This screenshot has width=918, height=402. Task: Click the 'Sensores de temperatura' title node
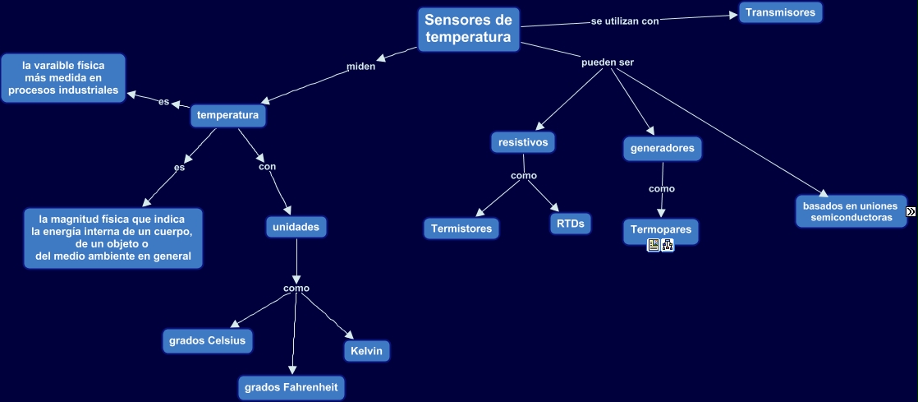coord(468,30)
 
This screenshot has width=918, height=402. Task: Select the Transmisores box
coord(780,12)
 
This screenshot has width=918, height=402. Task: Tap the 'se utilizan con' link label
coord(625,21)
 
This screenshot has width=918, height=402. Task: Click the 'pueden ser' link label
coord(607,62)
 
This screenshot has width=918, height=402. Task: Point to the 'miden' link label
coord(360,67)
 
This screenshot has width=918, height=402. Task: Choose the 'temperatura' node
coord(228,116)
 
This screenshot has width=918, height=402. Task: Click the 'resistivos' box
coord(523,142)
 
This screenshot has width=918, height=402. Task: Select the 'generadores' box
coord(662,149)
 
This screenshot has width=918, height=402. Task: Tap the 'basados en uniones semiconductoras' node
coord(851,211)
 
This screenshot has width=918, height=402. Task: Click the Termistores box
coord(461,229)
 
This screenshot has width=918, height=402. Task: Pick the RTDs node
coord(570,224)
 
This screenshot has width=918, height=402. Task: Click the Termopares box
coord(661,229)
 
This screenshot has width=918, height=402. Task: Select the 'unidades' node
coord(296,227)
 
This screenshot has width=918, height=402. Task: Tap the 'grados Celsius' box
coord(207,341)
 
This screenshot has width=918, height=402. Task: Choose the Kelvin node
coord(366,351)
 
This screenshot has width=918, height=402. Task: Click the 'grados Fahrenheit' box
coord(291,387)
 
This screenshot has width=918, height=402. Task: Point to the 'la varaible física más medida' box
coord(63,78)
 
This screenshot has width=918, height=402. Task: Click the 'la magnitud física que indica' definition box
coord(112,238)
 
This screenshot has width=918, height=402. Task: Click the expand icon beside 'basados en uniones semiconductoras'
coord(911,212)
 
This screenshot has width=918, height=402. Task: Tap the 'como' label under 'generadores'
coord(661,189)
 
